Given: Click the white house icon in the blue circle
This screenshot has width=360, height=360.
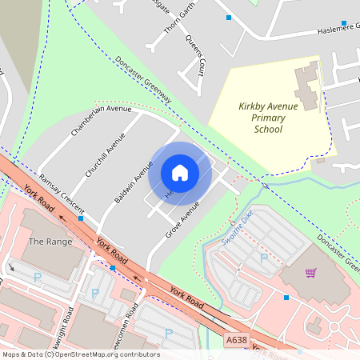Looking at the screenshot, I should click(180, 173).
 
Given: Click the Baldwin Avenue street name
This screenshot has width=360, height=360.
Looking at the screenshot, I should click(133, 182).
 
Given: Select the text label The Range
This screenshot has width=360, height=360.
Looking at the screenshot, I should click(50, 241).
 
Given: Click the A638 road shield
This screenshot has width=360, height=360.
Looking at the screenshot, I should click(236, 340).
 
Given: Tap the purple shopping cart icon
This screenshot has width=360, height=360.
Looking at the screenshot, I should click(310, 273).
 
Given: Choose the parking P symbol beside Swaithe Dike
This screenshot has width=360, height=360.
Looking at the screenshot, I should click(264, 258).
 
